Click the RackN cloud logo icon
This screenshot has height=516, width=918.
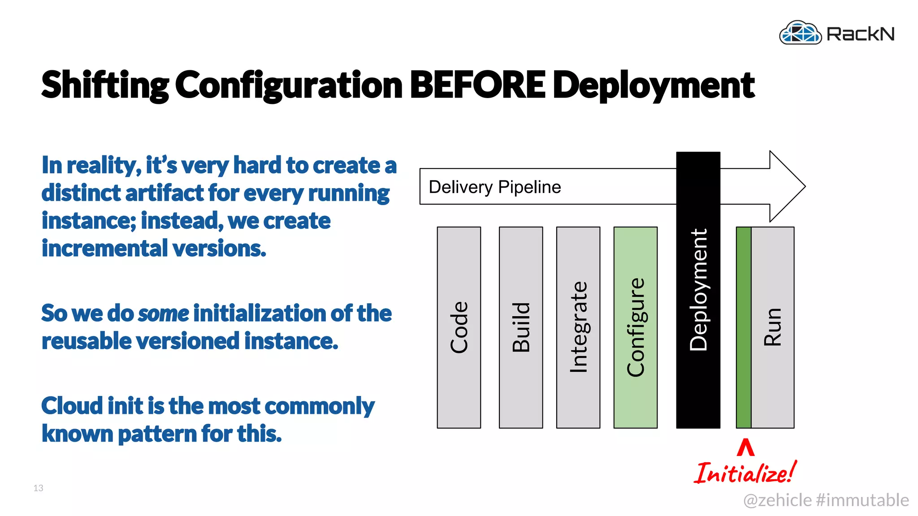point(800,33)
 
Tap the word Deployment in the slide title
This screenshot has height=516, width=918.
point(654,85)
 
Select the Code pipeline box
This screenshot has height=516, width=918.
point(459,327)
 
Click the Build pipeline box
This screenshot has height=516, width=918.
point(520,327)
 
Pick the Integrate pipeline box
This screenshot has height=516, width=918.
point(578,327)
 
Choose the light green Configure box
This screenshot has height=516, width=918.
point(635,327)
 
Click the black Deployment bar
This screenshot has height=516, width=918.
point(698,291)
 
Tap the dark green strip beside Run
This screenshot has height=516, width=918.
point(744,327)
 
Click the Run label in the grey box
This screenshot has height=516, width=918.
point(773,327)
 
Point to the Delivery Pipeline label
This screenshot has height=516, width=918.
point(494,187)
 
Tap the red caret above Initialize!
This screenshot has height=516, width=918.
point(745,447)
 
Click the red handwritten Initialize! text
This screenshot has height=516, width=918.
point(745,473)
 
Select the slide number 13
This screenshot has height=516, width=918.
point(38,488)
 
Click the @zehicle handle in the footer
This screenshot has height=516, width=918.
point(777,500)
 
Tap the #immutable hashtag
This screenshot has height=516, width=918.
point(862,500)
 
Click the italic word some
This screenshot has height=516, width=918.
point(164,313)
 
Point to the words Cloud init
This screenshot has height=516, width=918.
point(92,406)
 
